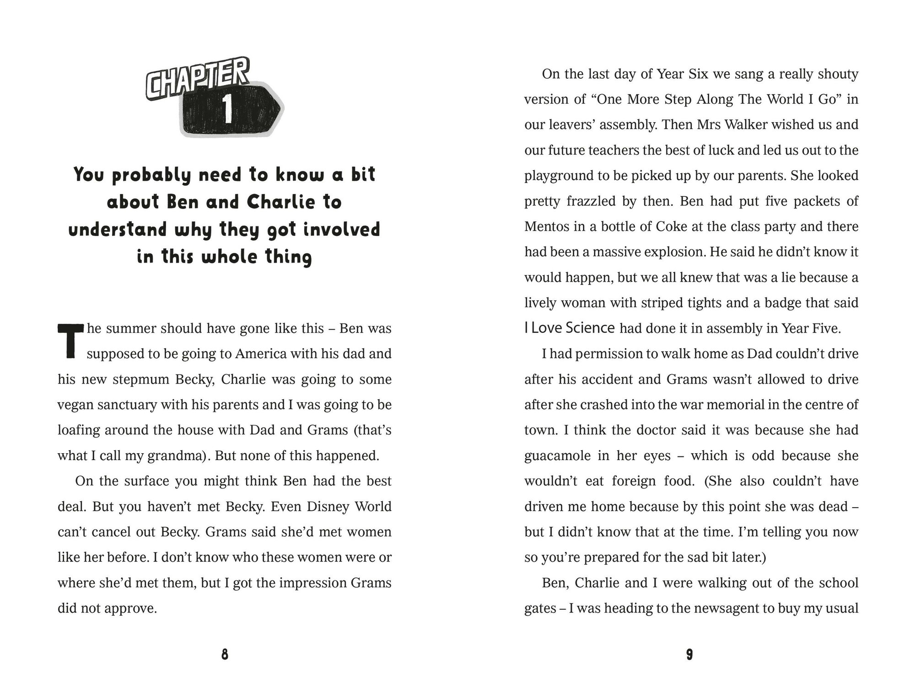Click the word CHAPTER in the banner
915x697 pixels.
(198, 80)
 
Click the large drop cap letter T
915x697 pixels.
(70, 341)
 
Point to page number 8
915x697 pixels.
(225, 655)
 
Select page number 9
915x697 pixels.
(689, 655)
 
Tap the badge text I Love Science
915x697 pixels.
(569, 328)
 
